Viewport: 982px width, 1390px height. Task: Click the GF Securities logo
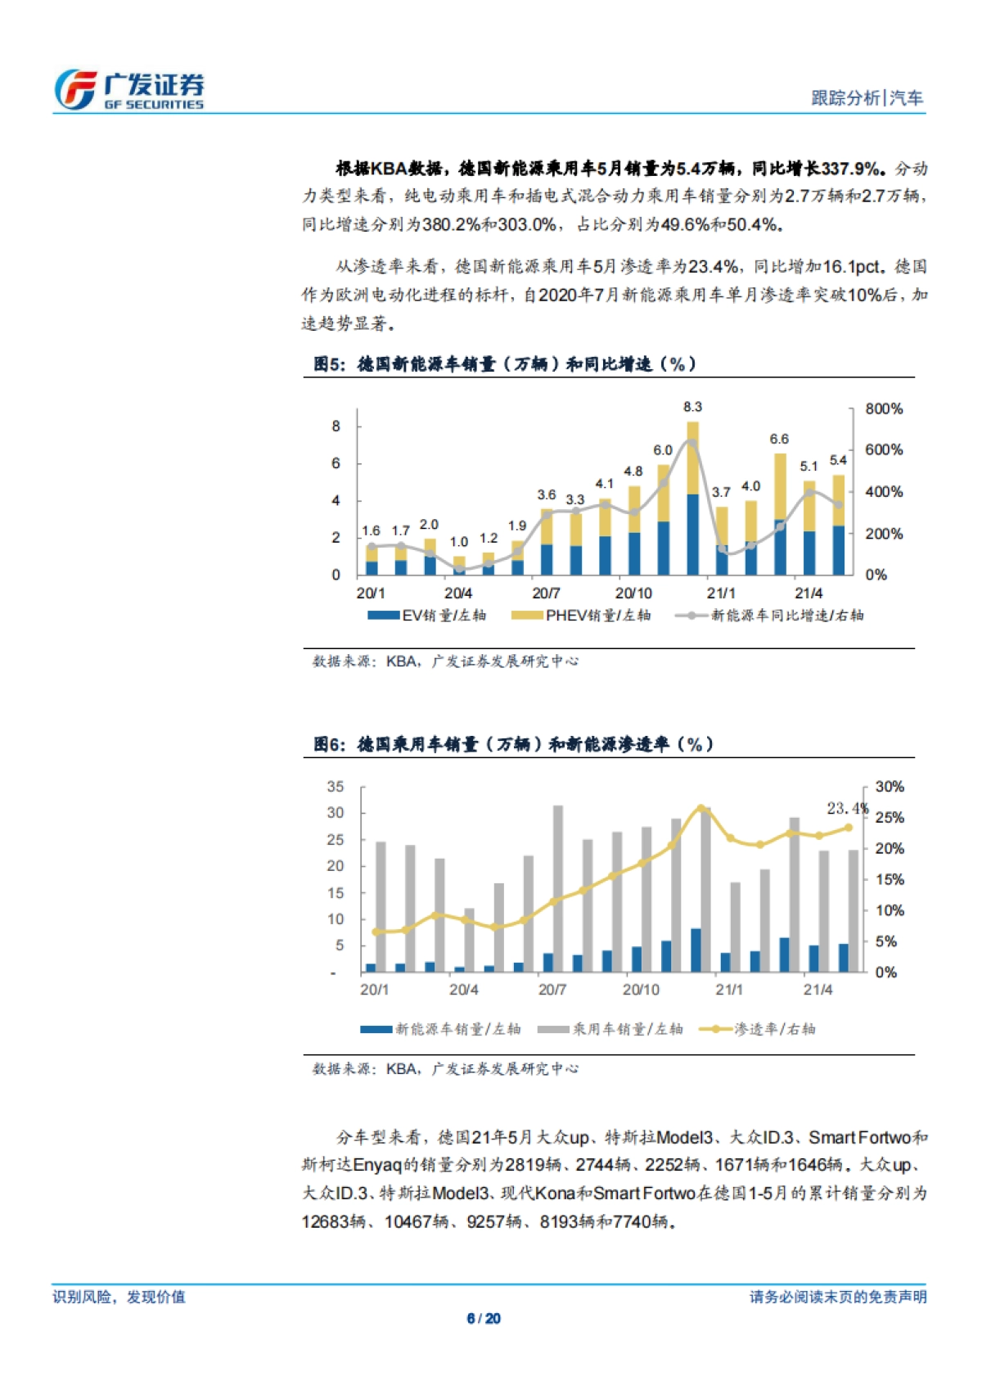[x=128, y=89]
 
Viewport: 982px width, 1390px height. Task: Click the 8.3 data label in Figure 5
[x=692, y=407]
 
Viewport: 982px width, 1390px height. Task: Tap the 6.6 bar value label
[x=779, y=440]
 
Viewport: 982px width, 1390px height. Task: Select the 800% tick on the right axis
[x=884, y=408]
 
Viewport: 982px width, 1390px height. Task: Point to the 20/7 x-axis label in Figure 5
[x=546, y=593]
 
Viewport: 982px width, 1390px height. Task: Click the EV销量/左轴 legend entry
[x=427, y=616]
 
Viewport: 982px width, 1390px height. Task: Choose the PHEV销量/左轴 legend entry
[x=581, y=616]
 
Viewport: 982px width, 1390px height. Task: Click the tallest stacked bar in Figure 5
[x=692, y=499]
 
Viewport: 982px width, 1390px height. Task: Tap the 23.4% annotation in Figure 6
[x=847, y=808]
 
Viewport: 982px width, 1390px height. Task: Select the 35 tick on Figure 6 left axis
[x=336, y=787]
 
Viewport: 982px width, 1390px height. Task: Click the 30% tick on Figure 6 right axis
[x=890, y=787]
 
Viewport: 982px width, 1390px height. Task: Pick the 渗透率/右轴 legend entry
[x=757, y=1029]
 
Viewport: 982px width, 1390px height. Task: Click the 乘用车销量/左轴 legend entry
[x=610, y=1029]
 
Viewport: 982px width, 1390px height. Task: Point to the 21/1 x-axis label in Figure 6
[x=729, y=990]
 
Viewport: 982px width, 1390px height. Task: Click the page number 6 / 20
[x=484, y=1319]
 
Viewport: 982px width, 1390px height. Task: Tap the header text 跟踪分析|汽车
[x=867, y=98]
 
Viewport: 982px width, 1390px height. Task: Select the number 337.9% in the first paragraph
[x=851, y=169]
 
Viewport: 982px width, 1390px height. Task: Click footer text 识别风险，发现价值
[x=119, y=1297]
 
